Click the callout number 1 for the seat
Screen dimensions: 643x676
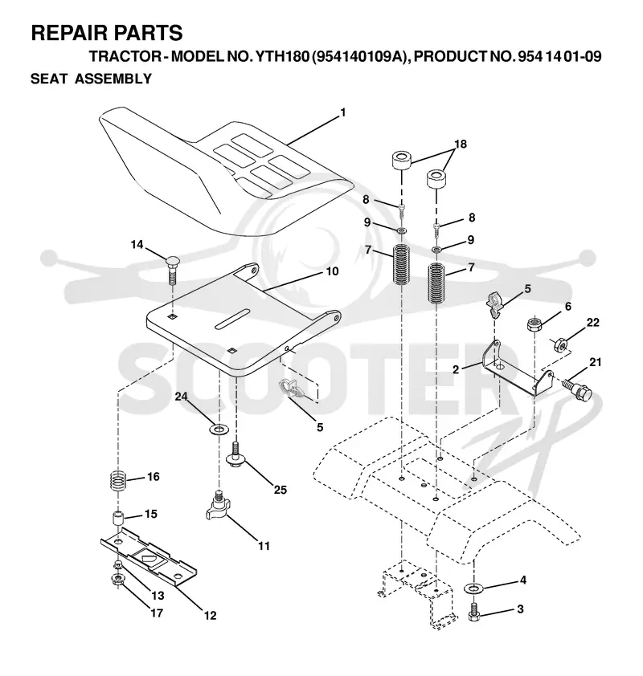[x=343, y=112]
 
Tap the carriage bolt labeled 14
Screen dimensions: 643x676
[x=173, y=269]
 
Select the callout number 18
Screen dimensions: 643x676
[x=461, y=144]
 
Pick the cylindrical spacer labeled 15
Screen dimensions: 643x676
[x=118, y=518]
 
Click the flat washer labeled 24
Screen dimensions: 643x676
[x=219, y=429]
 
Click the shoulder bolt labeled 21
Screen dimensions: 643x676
[x=576, y=388]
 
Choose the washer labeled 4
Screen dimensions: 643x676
[x=474, y=588]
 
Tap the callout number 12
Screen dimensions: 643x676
[x=210, y=616]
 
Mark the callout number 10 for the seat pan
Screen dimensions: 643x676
[x=332, y=271]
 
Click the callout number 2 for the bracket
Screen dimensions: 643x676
[x=456, y=369]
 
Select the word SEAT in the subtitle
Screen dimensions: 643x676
[x=49, y=79]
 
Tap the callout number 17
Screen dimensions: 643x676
[x=157, y=613]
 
